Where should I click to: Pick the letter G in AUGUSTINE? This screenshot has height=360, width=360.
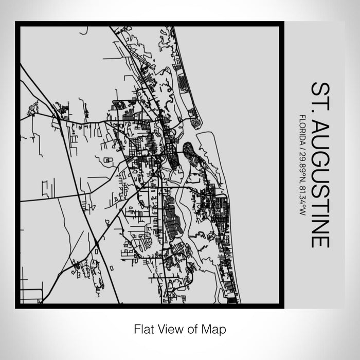click(319, 155)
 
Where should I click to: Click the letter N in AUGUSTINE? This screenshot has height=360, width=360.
click(319, 224)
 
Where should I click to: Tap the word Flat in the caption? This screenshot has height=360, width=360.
click(142, 328)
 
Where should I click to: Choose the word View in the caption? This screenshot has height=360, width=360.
click(168, 328)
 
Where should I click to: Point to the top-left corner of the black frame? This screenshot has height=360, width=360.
click(16, 23)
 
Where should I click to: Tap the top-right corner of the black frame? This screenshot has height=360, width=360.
click(282, 23)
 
